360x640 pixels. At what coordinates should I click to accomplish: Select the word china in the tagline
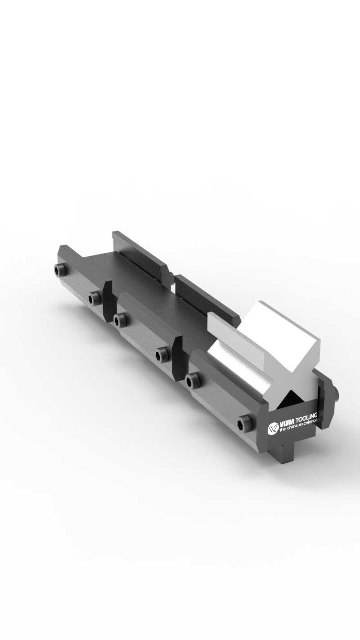point(292,428)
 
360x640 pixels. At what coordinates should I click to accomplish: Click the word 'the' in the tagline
point(283,430)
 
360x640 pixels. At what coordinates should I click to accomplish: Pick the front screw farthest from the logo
point(60,270)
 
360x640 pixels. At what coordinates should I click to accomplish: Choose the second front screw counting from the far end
point(94,297)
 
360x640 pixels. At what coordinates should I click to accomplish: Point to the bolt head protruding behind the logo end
point(335,394)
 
